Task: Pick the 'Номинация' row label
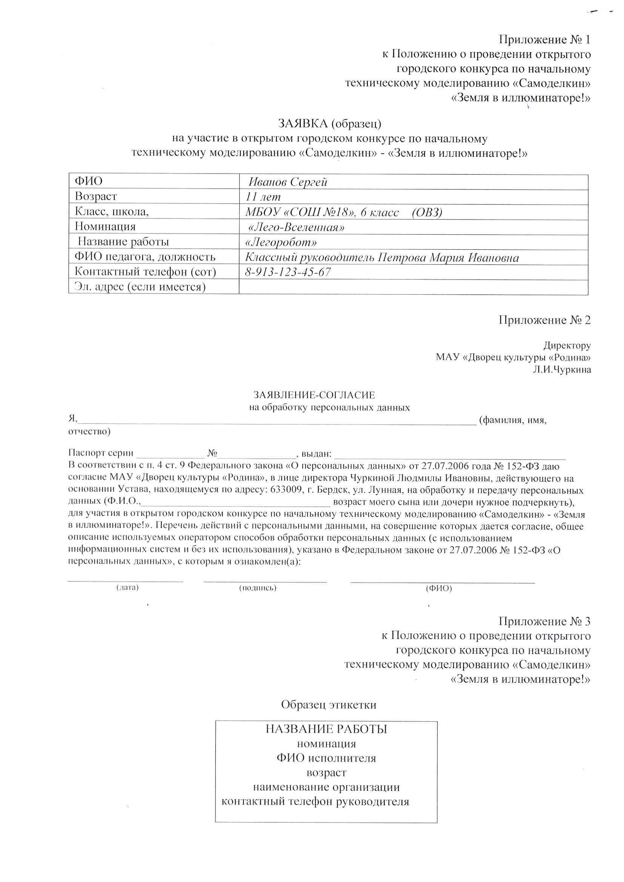click(105, 227)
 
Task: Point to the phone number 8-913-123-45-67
click(288, 272)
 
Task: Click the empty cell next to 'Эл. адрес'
click(413, 287)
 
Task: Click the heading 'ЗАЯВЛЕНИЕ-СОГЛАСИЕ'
click(314, 395)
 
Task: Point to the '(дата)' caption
click(127, 587)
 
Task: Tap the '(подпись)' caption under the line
click(257, 587)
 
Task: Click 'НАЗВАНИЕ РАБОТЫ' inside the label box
click(326, 739)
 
